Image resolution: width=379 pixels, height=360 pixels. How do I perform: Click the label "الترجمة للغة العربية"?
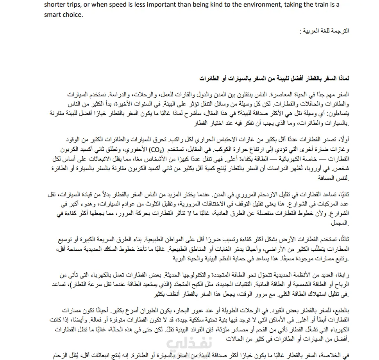coord(324,30)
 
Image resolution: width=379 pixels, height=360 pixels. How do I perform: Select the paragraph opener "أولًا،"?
coord(342,141)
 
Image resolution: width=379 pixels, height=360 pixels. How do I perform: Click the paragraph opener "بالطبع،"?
coord(340,311)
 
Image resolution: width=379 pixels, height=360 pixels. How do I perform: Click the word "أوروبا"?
coord(329,170)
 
